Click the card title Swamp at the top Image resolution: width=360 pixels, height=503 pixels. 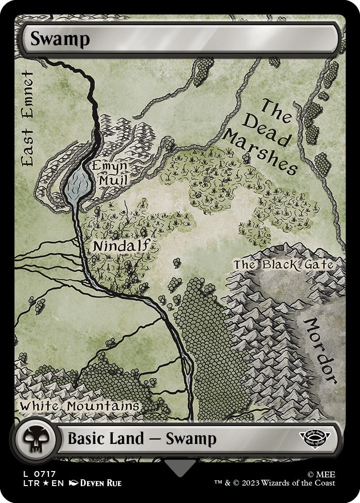click(x=60, y=39)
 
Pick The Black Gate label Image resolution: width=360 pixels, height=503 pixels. click(x=284, y=264)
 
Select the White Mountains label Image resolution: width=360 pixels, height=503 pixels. click(x=79, y=406)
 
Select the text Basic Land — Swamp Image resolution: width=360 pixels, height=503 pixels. click(x=141, y=439)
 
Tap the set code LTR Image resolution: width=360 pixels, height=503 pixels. click(x=28, y=483)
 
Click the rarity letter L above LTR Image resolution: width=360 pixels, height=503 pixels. click(x=22, y=474)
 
